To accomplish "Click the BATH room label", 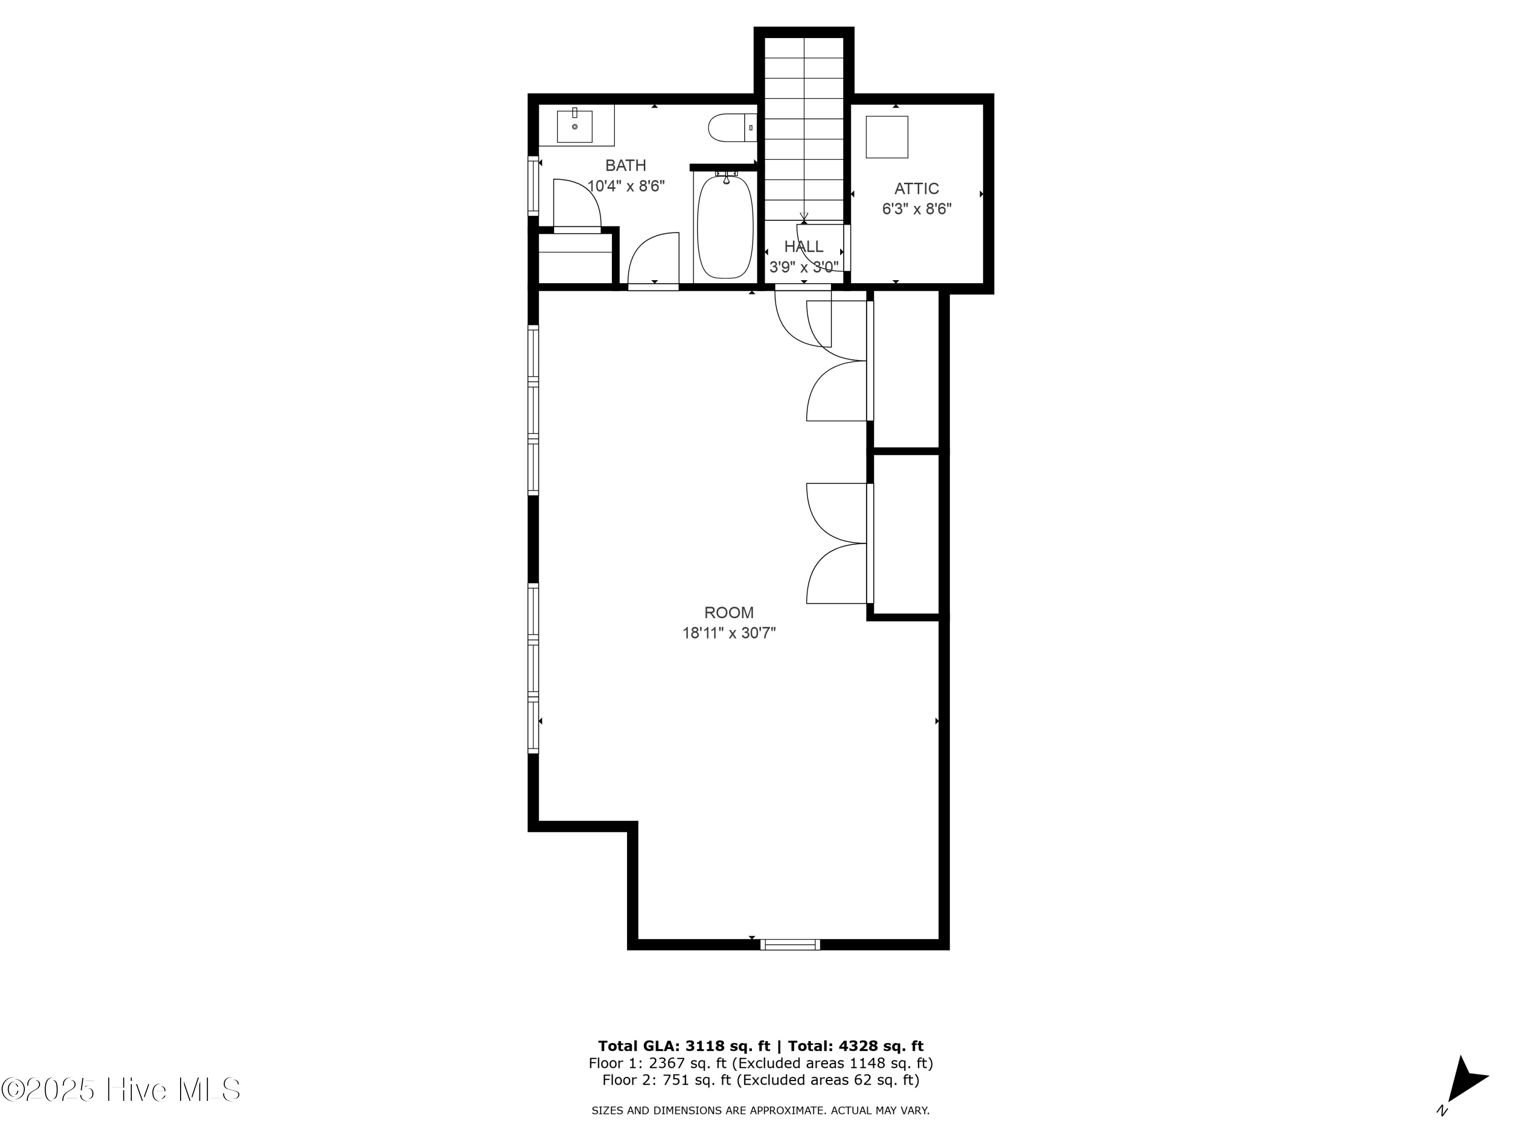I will tap(626, 165).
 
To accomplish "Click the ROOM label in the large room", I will tap(729, 613).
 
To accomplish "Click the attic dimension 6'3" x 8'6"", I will tap(917, 209).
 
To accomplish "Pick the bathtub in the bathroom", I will tap(725, 227).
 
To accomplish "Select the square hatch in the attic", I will tap(886, 137).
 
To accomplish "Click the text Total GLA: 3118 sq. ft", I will tap(683, 1046).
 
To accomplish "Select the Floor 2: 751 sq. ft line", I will tap(760, 1080).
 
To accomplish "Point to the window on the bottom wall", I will tap(790, 945).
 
